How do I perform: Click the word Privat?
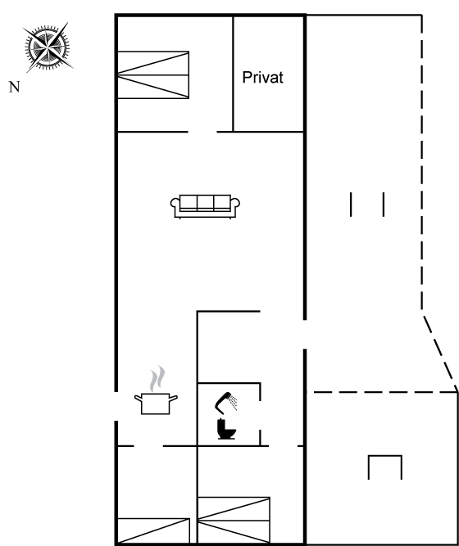coord(262,77)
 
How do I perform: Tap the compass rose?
coord(48,47)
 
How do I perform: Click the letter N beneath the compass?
coord(14,87)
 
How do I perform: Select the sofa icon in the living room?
coord(205,206)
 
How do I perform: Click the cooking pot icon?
coord(156,404)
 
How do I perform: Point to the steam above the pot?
coord(157,378)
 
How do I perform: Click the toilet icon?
coord(226,429)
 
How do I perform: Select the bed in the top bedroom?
coord(153,74)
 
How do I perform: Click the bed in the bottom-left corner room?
coord(153,531)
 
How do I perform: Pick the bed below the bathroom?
coord(234,521)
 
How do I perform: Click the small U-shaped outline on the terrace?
coord(385,455)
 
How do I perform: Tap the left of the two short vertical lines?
coord(351,205)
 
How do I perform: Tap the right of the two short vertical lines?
coord(384,205)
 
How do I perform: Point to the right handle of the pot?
coord(173,398)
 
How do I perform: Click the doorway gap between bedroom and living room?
coord(202,132)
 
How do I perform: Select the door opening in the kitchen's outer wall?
coord(116,406)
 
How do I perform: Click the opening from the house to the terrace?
coord(305,334)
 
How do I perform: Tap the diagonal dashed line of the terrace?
coord(440,353)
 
